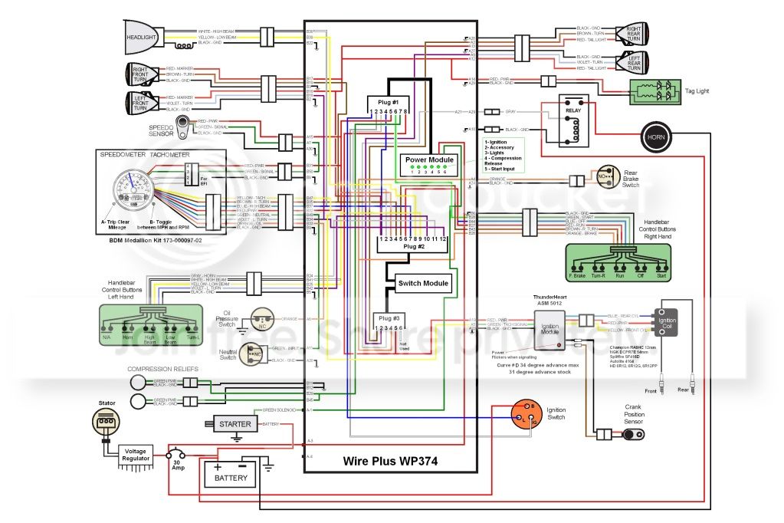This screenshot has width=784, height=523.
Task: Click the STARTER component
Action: pos(235,424)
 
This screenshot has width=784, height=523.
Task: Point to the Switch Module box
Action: pos(424,284)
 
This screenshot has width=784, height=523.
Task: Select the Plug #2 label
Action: pos(414,247)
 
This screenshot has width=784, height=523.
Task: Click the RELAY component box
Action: pos(573,121)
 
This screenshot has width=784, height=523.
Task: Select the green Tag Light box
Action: pos(656,91)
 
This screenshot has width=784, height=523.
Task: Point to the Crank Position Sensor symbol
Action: pos(633,435)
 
